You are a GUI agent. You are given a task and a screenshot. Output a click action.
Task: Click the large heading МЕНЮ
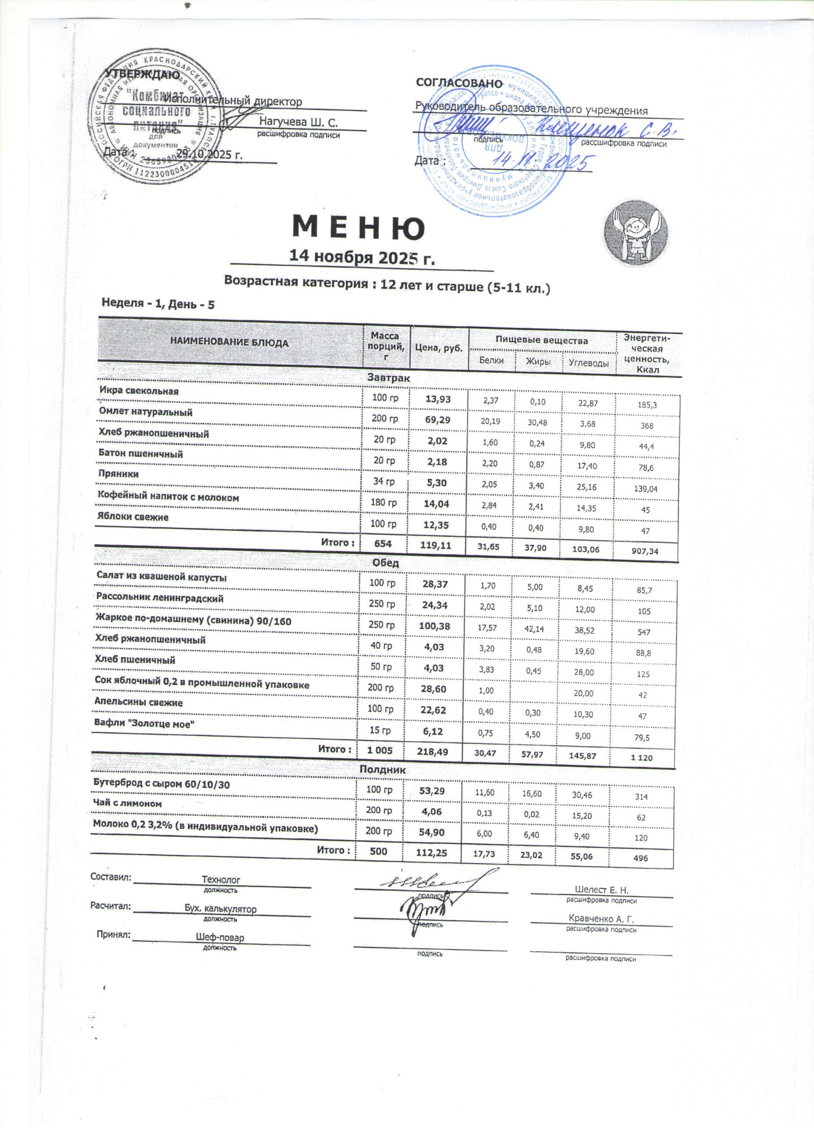point(358,228)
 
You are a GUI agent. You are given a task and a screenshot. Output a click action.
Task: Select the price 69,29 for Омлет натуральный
point(438,420)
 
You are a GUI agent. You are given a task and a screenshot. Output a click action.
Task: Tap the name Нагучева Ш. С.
point(298,122)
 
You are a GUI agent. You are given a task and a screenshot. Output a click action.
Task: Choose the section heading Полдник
point(383,770)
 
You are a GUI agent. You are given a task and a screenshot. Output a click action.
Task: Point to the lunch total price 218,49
point(433,751)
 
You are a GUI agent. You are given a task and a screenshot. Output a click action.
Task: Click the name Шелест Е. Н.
point(601,889)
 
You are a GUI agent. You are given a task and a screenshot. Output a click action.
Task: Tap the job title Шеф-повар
point(220,937)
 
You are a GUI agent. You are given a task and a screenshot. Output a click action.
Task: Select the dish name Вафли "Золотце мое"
point(144,724)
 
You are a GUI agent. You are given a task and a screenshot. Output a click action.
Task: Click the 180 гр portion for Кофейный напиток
point(384,502)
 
